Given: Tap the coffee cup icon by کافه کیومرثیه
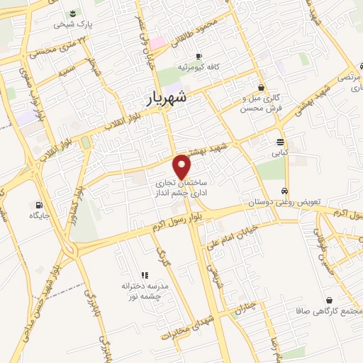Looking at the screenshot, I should tap(199, 55).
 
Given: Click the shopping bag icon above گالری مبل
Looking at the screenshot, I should tap(262, 87).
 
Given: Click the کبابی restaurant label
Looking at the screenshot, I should tap(281, 152).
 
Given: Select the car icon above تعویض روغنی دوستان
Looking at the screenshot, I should tap(284, 191).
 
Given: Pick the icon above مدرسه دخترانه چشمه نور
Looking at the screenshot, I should tap(145, 274).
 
